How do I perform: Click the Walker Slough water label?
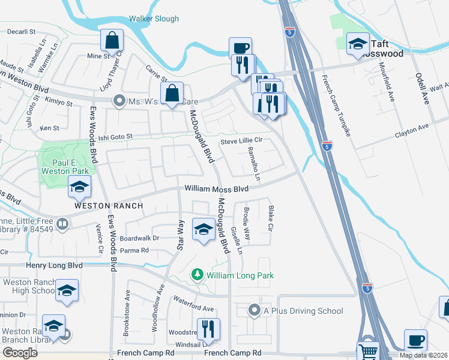click(154, 19)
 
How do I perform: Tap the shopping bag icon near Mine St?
click(112, 41)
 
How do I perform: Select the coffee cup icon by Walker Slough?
click(240, 48)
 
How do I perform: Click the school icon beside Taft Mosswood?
click(358, 43)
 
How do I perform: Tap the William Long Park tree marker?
click(196, 275)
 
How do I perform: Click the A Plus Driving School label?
click(297, 311)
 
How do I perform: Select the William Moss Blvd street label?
click(216, 188)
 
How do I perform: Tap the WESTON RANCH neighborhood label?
click(108, 206)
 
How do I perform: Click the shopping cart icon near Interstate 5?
click(368, 352)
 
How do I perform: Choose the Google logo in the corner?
click(20, 353)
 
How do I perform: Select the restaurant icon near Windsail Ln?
click(208, 329)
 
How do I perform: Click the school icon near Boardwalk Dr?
click(203, 229)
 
